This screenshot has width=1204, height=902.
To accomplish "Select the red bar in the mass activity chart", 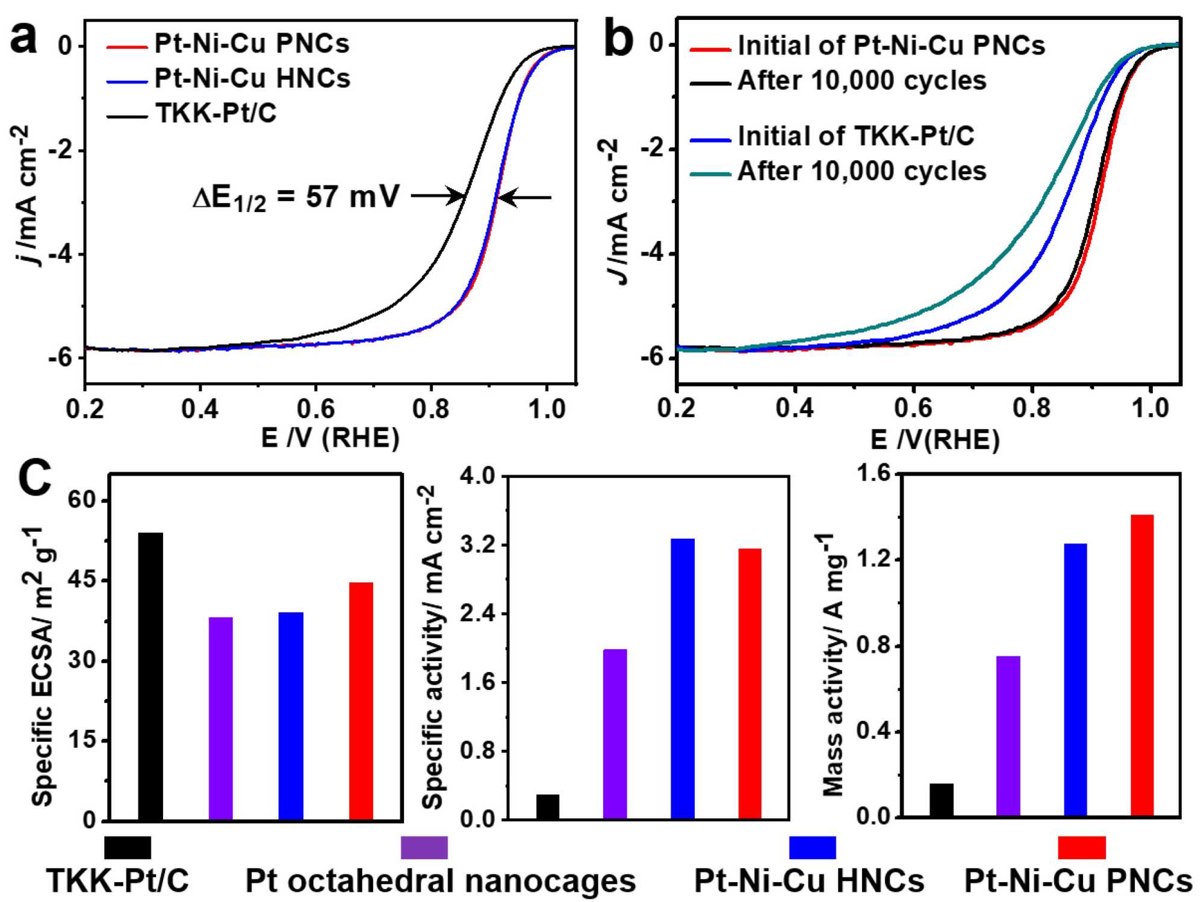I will (1142, 665).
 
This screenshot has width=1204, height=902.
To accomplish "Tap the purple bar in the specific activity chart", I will (615, 734).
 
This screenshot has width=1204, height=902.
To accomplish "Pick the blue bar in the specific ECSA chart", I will (291, 716).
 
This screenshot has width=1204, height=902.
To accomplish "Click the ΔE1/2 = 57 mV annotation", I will (296, 198).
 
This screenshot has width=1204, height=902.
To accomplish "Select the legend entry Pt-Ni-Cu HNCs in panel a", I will (252, 78).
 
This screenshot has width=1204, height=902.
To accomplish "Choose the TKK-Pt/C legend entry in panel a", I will (216, 113).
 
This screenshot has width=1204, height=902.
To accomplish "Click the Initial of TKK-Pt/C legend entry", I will (855, 136).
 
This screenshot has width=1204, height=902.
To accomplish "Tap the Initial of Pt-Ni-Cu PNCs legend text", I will (891, 46).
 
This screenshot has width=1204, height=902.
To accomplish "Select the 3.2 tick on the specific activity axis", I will (477, 546).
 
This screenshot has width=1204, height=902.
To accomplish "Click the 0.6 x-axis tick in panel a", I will (315, 409).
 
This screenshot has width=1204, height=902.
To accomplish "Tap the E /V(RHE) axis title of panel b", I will (934, 440).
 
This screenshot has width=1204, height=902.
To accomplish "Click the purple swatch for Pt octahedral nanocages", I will (424, 847).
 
